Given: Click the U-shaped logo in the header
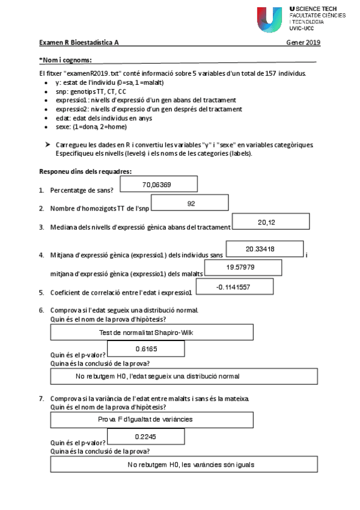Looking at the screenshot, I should [269, 19].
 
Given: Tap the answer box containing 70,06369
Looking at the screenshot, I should [159, 184].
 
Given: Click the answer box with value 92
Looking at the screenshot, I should [191, 204].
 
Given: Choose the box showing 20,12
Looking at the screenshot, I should [266, 223].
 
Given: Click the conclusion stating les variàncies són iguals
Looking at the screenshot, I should [184, 464].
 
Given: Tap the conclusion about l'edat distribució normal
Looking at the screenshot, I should [184, 376].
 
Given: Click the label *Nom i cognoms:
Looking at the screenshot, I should [66, 60].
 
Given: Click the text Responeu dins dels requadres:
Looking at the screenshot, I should [85, 172].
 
